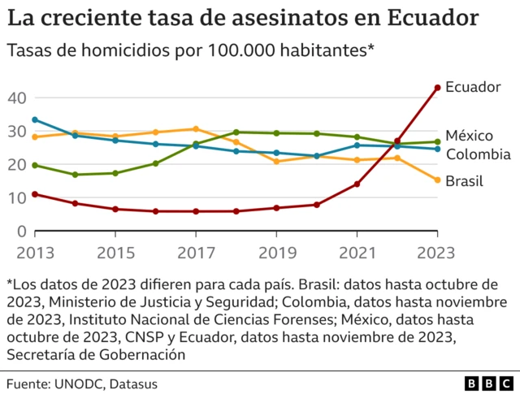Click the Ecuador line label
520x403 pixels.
pyautogui.click(x=474, y=87)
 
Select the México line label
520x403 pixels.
pyautogui.click(x=470, y=135)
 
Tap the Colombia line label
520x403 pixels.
pyautogui.click(x=478, y=154)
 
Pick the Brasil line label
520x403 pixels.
pyautogui.click(x=464, y=180)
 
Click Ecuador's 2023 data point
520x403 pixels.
pyautogui.click(x=437, y=87)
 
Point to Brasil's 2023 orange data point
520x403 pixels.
pyautogui.click(x=437, y=180)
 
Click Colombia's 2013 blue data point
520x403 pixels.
pyautogui.click(x=34, y=119)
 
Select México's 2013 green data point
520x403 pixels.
pyautogui.click(x=34, y=165)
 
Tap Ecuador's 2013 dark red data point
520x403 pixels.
pyautogui.click(x=34, y=194)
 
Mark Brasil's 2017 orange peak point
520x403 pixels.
pyautogui.click(x=196, y=128)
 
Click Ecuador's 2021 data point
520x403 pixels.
pyautogui.click(x=357, y=184)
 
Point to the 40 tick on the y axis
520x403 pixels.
pyautogui.click(x=17, y=97)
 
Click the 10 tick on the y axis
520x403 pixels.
pyautogui.click(x=17, y=198)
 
